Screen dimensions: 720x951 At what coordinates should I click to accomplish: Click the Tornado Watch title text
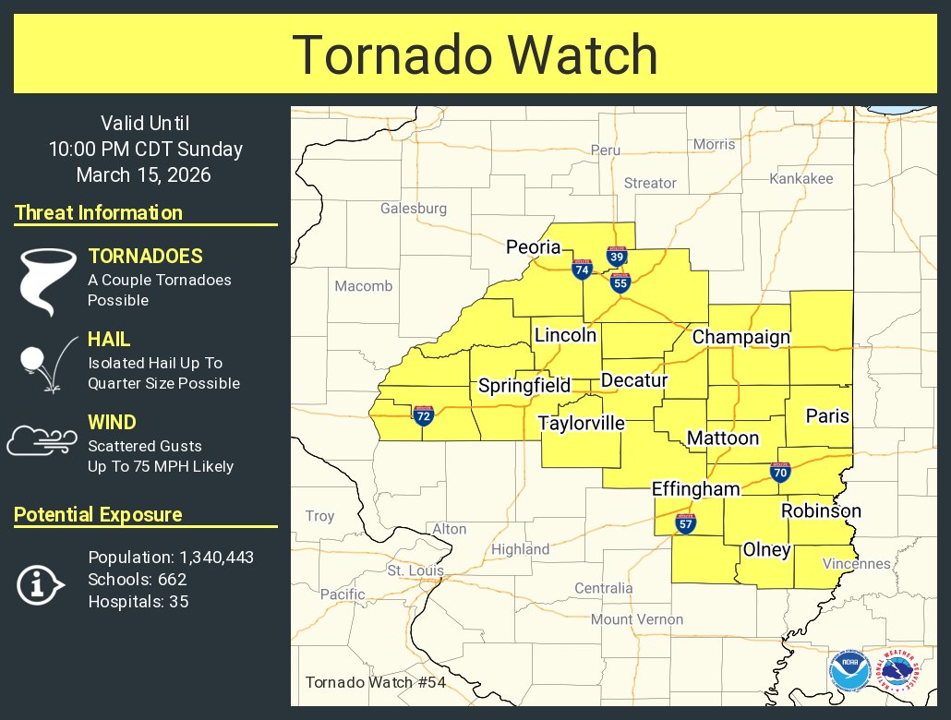(475, 55)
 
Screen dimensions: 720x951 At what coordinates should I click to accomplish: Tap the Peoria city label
(533, 246)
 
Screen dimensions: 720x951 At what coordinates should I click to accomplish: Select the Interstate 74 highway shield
(582, 269)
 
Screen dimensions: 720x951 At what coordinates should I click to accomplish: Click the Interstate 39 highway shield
(617, 256)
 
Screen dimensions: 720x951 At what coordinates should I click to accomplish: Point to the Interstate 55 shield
(620, 282)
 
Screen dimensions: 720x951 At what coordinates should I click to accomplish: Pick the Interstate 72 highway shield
(423, 415)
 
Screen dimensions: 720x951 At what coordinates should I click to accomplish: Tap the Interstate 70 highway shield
(780, 473)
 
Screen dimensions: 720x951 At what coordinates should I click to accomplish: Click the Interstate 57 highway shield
(685, 523)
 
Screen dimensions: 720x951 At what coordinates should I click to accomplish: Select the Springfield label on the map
(524, 385)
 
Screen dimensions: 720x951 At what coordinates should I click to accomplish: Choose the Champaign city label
(741, 337)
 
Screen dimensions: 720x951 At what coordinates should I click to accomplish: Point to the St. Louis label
(415, 570)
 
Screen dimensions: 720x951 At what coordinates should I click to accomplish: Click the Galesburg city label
(414, 209)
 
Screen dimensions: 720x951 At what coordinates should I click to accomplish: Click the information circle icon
(40, 583)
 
